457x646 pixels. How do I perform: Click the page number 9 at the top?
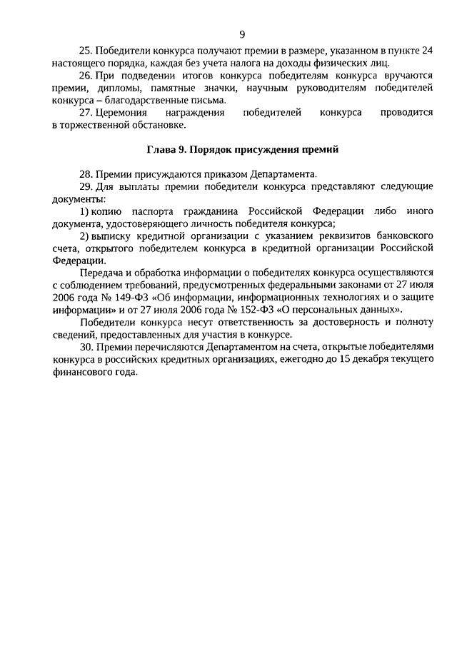click(x=242, y=34)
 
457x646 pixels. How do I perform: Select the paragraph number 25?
click(x=86, y=51)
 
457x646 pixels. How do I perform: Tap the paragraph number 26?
click(x=86, y=76)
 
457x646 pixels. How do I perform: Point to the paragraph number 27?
click(x=86, y=113)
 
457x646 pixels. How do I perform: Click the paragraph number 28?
click(x=86, y=174)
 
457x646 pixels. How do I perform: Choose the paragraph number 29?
click(x=86, y=187)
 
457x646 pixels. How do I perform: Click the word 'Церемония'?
click(x=122, y=113)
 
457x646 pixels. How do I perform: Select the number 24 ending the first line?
click(x=427, y=51)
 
